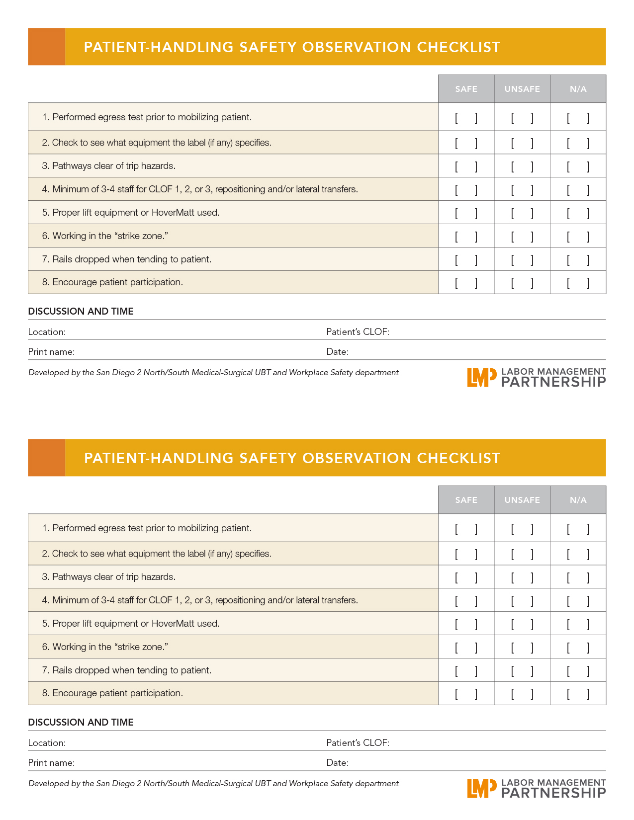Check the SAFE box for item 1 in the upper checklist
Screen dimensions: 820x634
(x=466, y=118)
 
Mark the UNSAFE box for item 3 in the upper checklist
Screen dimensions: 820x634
(x=522, y=166)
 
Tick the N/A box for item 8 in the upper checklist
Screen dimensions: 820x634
(x=578, y=283)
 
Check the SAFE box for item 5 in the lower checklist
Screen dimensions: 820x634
(x=466, y=624)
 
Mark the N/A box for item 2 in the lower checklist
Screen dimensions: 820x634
(x=578, y=554)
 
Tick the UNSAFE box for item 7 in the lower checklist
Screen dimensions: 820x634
(x=522, y=671)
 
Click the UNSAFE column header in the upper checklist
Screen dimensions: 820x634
(x=522, y=89)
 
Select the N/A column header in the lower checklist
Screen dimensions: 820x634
(x=578, y=500)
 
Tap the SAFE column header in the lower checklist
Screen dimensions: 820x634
(x=466, y=500)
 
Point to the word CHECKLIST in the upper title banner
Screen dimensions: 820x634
(x=458, y=47)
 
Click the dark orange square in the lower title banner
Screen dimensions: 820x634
(x=47, y=458)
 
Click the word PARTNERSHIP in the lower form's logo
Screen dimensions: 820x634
(x=553, y=793)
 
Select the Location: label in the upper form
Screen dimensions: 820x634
(x=47, y=332)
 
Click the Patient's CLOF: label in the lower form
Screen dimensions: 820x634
(x=358, y=743)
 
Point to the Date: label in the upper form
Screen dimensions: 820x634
(x=337, y=352)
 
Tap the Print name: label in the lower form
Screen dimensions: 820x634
(x=51, y=763)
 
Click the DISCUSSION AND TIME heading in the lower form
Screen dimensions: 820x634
(x=81, y=722)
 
